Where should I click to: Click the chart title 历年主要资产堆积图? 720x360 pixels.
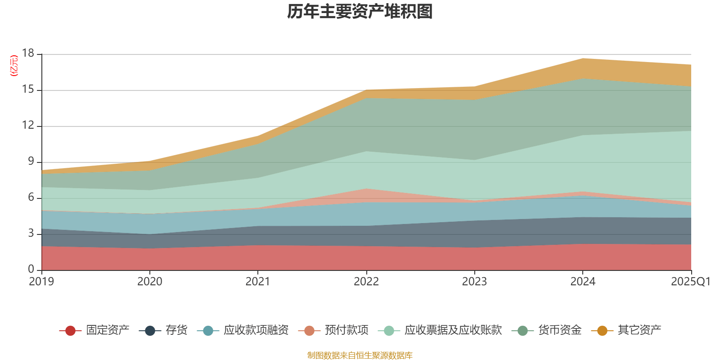[360, 12]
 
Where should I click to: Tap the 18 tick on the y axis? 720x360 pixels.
[28, 54]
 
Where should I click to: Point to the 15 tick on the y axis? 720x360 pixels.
[28, 90]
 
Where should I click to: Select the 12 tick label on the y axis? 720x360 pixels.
[28, 126]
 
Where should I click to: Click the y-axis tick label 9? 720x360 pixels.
[31, 162]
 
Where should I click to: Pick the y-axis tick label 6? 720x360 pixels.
[31, 198]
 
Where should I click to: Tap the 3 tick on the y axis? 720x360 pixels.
[31, 234]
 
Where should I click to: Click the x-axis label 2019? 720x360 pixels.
[41, 282]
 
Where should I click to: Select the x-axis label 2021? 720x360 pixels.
[258, 282]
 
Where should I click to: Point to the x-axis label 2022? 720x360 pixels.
[366, 282]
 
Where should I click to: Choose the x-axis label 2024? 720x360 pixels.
[583, 282]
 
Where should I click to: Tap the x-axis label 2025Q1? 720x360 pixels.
[691, 282]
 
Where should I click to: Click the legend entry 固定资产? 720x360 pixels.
[108, 330]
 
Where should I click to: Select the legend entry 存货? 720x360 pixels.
[176, 330]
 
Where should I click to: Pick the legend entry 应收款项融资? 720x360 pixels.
[256, 330]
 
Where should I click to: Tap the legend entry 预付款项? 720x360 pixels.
[346, 330]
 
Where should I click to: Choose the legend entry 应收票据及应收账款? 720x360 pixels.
[453, 330]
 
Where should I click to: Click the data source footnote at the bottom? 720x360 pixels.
[360, 355]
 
